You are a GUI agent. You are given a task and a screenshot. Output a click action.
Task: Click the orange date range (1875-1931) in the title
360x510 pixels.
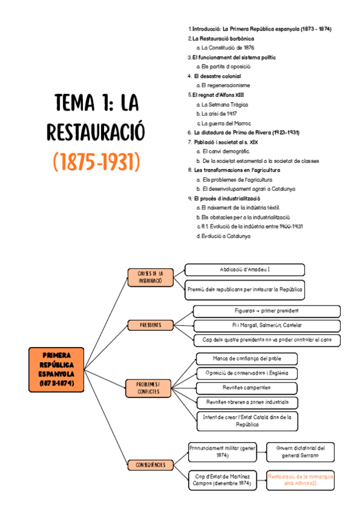tap(96, 161)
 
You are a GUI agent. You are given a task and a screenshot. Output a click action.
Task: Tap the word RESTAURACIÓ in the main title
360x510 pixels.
tap(96, 132)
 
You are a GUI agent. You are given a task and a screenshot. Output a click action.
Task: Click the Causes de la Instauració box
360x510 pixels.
tap(150, 277)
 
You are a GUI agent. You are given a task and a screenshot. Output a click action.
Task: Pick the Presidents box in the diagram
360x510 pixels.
tap(150, 325)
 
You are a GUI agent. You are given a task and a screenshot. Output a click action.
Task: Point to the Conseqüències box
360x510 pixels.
tap(150, 464)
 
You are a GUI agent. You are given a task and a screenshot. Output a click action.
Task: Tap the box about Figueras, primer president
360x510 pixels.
tap(267, 310)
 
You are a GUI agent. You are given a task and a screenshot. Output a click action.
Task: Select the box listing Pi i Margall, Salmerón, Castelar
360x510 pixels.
tap(267, 325)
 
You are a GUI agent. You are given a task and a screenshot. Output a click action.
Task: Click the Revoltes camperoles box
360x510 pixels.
tap(247, 387)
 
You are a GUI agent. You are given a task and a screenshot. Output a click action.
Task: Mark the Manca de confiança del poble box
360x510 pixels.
tap(247, 358)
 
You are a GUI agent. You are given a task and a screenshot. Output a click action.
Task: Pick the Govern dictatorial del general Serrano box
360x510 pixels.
tap(301, 452)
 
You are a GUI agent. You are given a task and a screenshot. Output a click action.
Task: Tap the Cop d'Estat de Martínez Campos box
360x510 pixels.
tap(222, 479)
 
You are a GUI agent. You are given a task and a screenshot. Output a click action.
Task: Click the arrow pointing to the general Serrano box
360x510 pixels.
tap(261, 452)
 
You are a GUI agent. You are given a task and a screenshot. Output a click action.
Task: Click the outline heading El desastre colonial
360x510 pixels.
tap(217, 76)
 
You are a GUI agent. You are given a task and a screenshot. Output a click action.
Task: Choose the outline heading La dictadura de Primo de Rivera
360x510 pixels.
tap(246, 132)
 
